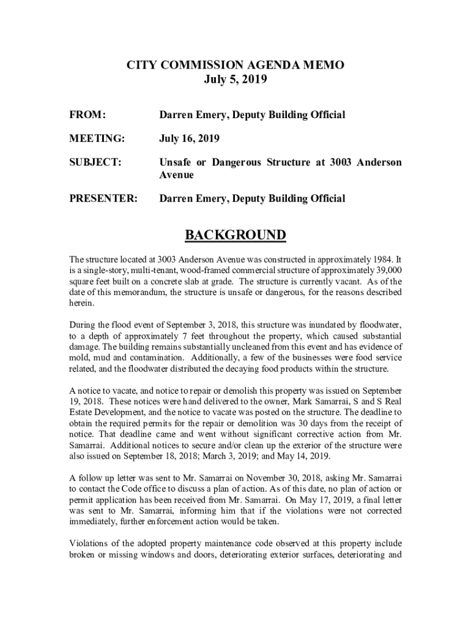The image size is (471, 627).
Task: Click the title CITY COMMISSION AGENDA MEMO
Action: click(x=235, y=65)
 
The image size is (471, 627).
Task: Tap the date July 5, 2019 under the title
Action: click(x=235, y=80)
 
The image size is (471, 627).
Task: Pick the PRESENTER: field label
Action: click(x=103, y=198)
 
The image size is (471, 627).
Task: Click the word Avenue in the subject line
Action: click(x=177, y=175)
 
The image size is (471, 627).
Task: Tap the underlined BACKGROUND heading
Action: click(x=236, y=235)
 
